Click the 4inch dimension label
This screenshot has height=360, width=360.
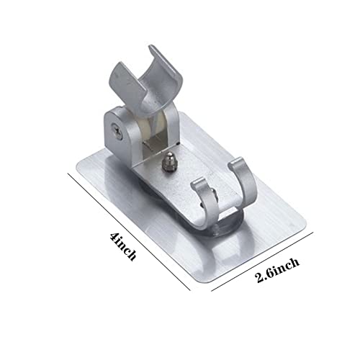(x=123, y=246)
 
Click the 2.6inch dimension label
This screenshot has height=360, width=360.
(x=278, y=270)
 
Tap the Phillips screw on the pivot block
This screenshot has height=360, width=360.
(x=117, y=132)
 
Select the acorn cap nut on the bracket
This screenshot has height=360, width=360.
(x=166, y=163)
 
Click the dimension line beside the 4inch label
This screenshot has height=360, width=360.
(x=129, y=232)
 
